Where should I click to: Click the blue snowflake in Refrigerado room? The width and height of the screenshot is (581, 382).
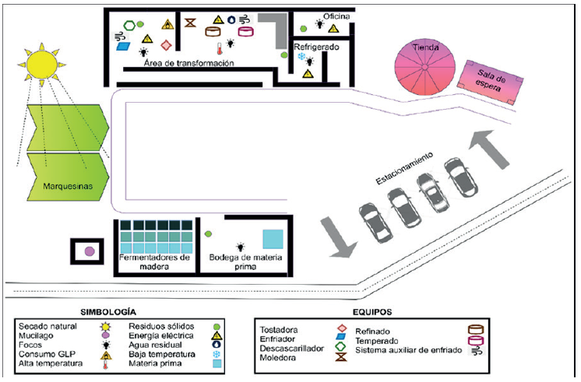[x=300, y=57]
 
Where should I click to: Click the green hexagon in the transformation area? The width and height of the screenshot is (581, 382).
[x=129, y=23]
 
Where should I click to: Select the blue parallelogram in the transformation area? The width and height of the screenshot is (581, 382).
[x=125, y=46]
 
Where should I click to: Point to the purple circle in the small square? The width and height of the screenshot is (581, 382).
[x=90, y=251]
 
